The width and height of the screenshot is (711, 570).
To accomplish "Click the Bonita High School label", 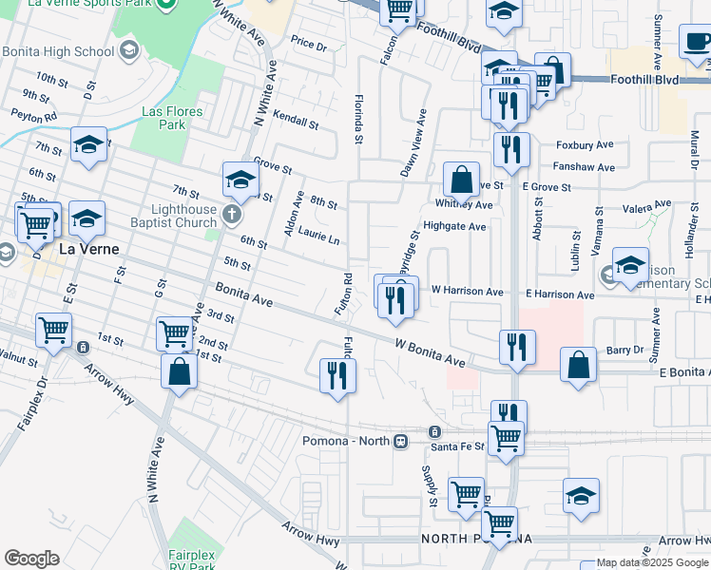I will coord(57,51).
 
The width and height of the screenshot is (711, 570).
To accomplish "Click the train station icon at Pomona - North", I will coord(401,442).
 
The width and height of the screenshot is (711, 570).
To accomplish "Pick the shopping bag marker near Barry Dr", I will coord(578,364).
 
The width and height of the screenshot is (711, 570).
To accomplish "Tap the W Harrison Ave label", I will coord(467,291).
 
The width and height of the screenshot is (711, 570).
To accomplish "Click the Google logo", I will coord(31,559).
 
